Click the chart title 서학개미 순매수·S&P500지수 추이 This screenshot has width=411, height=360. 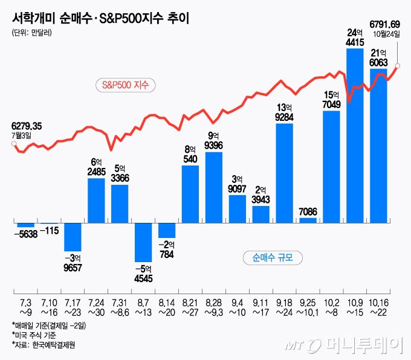(100, 18)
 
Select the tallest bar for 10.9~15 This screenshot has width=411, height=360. (355, 139)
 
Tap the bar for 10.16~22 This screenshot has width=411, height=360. (378, 145)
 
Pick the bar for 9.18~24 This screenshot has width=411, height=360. (284, 172)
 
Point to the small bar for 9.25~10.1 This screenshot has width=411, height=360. (308, 220)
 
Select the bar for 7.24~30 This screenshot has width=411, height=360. (96, 192)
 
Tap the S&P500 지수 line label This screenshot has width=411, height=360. (126, 85)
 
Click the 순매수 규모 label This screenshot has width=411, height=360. (273, 258)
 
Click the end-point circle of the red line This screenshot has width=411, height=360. (398, 66)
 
